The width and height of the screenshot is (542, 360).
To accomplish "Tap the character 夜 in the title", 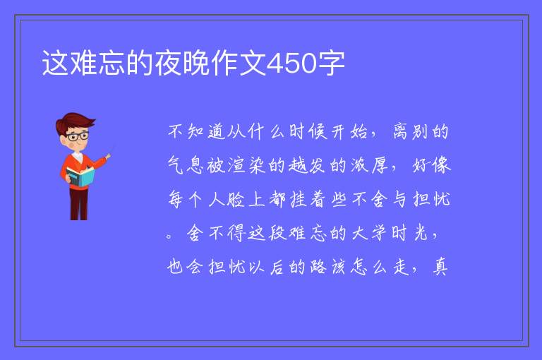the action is [x=169, y=63].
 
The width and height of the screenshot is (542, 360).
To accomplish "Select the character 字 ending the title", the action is [x=331, y=63].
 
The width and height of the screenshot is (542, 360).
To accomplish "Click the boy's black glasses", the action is [x=78, y=136].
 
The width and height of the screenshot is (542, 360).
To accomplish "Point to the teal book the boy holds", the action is [x=80, y=177].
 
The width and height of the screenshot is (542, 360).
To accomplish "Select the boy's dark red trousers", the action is [x=79, y=204].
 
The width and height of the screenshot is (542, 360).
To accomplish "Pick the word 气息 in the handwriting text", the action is [x=186, y=165].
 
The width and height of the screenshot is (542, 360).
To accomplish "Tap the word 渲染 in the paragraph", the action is [x=246, y=165].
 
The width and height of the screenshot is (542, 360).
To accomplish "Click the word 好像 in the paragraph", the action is [x=432, y=165].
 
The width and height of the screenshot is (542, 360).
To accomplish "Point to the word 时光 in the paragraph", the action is [x=410, y=233].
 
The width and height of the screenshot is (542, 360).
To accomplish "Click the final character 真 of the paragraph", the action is [x=440, y=267].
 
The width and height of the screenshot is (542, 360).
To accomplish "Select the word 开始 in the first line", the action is [x=349, y=132].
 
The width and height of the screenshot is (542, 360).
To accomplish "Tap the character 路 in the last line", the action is [x=318, y=267].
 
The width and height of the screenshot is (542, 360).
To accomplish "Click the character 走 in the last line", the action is [x=401, y=267].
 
